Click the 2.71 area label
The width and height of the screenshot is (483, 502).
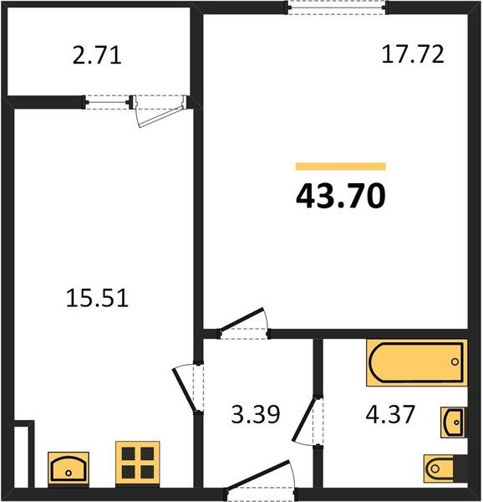97,56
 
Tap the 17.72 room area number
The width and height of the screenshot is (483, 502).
413,54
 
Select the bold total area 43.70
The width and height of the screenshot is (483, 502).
341,196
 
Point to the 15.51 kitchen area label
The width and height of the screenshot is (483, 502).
97,298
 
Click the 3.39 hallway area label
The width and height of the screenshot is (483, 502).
256,414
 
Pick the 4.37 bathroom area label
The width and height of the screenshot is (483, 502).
390,414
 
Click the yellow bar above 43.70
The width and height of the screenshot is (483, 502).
341,166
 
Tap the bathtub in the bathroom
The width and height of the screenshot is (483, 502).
416,363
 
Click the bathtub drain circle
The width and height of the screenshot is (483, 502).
455,361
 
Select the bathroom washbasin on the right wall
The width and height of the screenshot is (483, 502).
453,423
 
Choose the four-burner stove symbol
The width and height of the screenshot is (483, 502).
138,464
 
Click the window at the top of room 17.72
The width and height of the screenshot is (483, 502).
337,8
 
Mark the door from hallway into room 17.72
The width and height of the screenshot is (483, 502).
243,323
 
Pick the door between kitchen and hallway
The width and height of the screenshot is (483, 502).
188,388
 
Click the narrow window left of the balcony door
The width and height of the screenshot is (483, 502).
108,102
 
